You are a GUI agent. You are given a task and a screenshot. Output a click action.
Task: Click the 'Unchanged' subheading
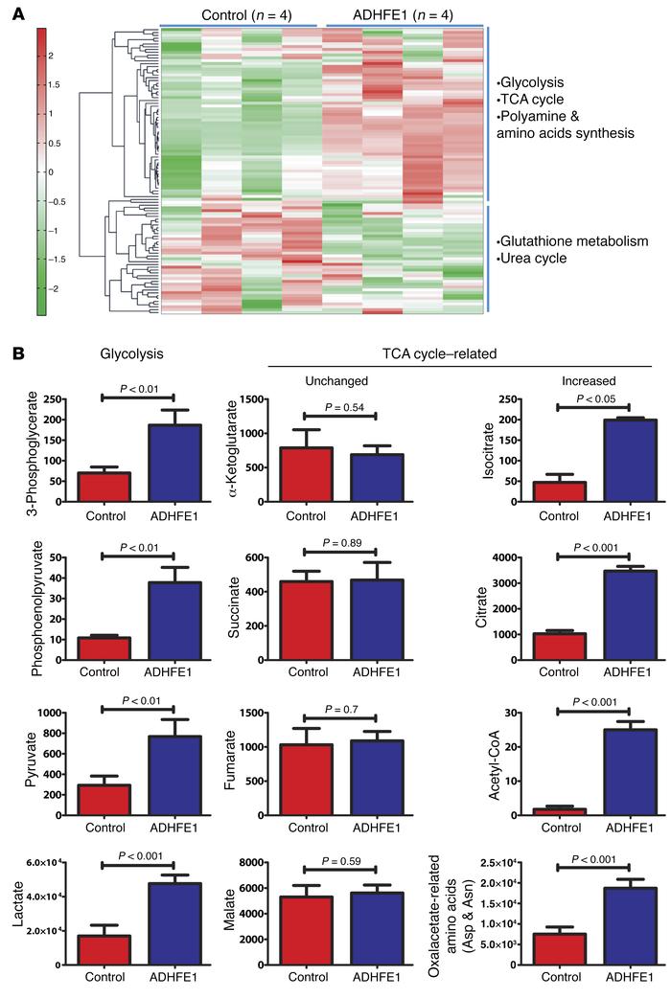pos(338,380)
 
